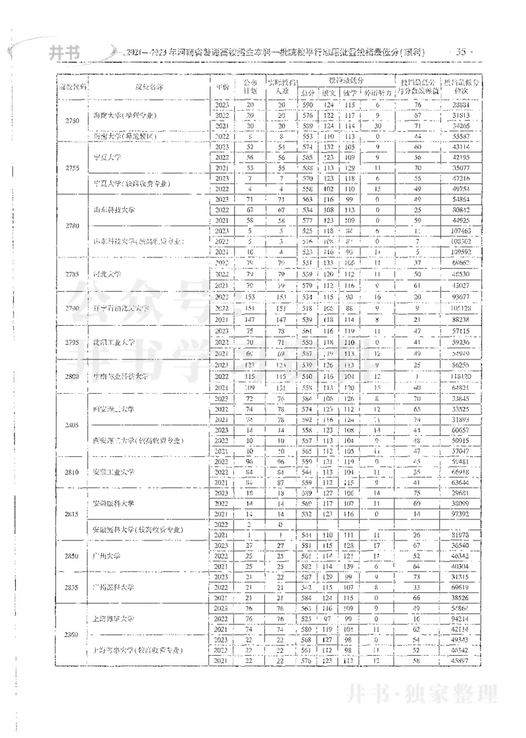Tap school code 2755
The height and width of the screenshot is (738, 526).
click(x=72, y=168)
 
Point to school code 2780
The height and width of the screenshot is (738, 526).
click(x=72, y=226)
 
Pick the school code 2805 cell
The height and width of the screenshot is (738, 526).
click(x=72, y=425)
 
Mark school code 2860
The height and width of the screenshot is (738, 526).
click(x=72, y=635)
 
